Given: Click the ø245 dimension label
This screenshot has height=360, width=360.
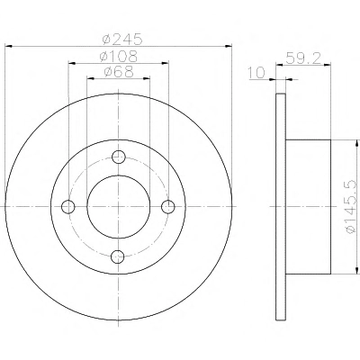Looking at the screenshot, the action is [121, 39].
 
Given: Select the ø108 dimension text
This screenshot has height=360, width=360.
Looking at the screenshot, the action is [118, 56].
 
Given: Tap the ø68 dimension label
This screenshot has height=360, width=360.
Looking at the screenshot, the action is [118, 72].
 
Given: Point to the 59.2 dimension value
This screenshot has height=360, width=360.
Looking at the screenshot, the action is [303, 58].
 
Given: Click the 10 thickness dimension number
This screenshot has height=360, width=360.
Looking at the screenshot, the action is [256, 73].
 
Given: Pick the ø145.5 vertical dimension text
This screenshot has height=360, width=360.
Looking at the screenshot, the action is [352, 207].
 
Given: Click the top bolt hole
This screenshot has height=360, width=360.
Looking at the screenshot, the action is [118, 157].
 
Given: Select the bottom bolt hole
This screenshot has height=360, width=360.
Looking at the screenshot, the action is [118, 256].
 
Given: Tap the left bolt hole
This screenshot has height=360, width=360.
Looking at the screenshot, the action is [68, 207].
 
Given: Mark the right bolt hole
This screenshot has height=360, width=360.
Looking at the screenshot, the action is [168, 207].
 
